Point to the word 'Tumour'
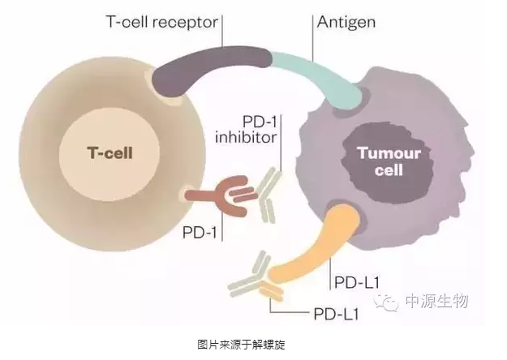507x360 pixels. coord(379,153)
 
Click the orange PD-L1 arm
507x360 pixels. coord(308,243)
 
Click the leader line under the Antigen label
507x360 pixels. coord(312,45)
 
